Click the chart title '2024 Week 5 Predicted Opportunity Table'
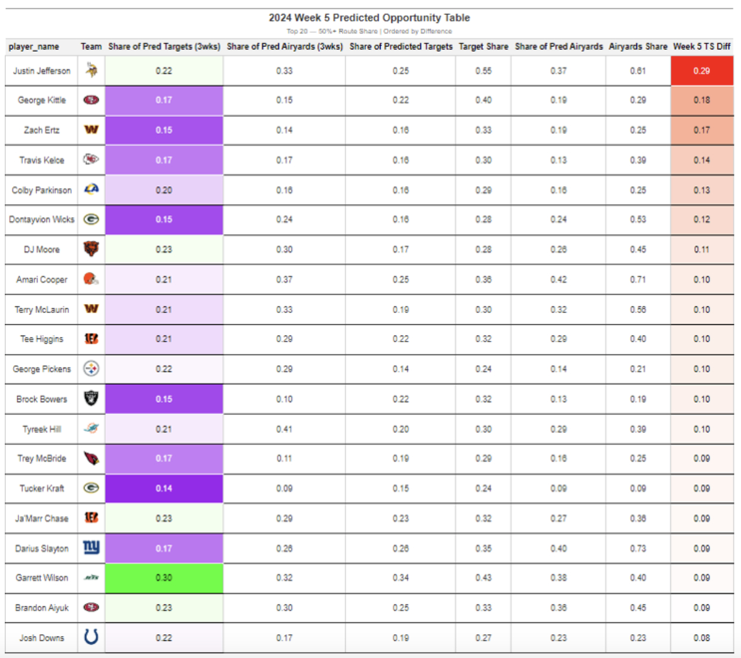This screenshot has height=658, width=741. point(369,18)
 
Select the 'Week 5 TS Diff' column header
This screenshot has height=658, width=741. point(702,46)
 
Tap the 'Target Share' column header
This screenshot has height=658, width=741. point(483,46)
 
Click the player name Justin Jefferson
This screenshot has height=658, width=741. point(42,71)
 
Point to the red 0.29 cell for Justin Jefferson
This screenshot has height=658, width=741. point(702,71)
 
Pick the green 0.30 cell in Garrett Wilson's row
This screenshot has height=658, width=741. point(164,578)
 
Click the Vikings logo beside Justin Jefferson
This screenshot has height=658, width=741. point(91,71)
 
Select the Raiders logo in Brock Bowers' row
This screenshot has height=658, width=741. point(91,399)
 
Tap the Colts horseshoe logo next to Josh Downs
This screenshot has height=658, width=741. point(91,637)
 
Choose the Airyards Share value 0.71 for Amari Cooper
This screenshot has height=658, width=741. point(638,280)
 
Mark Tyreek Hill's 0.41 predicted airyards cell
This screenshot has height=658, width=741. point(284,429)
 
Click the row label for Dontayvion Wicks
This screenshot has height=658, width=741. point(42,220)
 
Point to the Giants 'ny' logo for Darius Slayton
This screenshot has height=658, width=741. point(91,547)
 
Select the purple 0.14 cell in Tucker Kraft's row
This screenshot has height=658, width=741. point(164,488)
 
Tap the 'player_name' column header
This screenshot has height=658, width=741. point(34,46)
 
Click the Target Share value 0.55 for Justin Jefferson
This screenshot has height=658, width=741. point(483,71)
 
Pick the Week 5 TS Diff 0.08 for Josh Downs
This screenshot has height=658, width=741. point(702,638)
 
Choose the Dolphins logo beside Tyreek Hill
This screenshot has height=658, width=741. point(91,428)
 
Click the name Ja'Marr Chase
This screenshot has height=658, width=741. point(42,518)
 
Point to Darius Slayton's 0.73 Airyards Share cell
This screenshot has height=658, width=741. point(638,549)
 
